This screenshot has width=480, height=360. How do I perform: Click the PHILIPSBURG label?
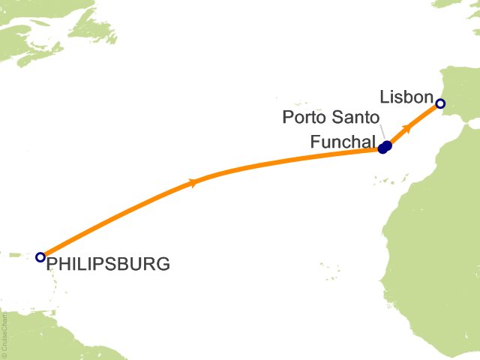pos(108,264)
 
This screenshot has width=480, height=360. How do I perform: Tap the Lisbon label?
pos(406,97)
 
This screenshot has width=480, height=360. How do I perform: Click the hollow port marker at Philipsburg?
pos(40,257)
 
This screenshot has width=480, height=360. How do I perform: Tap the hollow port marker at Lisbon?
pos(441,103)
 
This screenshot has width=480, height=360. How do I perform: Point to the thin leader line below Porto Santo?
pos(381,134)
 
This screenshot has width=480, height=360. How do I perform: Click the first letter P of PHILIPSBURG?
pos(52,264)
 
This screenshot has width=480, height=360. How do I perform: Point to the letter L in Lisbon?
pos(385,97)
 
